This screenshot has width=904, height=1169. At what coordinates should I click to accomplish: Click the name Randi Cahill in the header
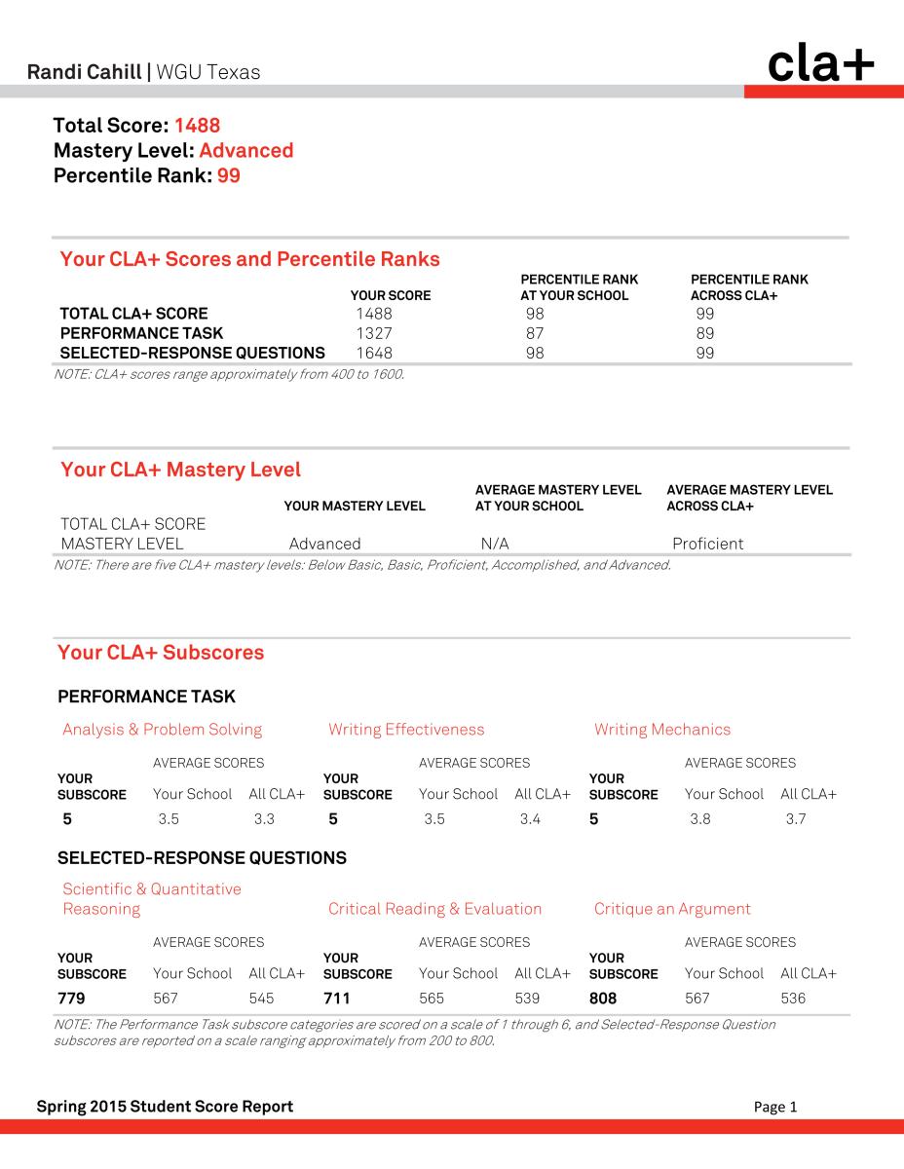pyautogui.click(x=83, y=72)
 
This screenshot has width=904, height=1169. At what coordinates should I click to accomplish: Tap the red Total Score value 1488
pyautogui.click(x=198, y=126)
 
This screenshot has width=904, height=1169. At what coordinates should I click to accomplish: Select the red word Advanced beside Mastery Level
pyautogui.click(x=245, y=151)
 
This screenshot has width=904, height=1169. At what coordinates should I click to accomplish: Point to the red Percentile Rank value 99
pyautogui.click(x=228, y=176)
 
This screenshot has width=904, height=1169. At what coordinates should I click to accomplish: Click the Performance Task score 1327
pyautogui.click(x=373, y=333)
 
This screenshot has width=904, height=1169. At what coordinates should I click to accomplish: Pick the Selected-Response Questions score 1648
pyautogui.click(x=374, y=353)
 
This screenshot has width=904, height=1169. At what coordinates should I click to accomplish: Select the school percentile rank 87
pyautogui.click(x=535, y=333)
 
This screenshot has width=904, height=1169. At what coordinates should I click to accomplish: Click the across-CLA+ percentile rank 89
pyautogui.click(x=705, y=333)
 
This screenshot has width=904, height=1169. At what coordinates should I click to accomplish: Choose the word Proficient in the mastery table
pyautogui.click(x=707, y=544)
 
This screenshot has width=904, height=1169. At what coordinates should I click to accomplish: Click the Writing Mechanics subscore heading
pyautogui.click(x=662, y=730)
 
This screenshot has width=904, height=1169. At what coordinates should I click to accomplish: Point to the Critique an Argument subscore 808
pyautogui.click(x=603, y=999)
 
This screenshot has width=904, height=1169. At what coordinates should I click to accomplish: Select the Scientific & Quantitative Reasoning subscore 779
pyautogui.click(x=72, y=999)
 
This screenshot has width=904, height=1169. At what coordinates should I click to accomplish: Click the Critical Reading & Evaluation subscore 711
pyautogui.click(x=336, y=999)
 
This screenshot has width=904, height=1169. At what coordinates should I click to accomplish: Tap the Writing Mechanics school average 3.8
pyautogui.click(x=699, y=819)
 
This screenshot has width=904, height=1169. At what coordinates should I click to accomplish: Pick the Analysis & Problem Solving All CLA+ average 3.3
pyautogui.click(x=264, y=819)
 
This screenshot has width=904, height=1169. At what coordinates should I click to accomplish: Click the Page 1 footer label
pyautogui.click(x=775, y=1107)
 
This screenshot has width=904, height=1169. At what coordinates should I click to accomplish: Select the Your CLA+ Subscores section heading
pyautogui.click(x=161, y=653)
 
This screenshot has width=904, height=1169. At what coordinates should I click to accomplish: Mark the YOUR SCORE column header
pyautogui.click(x=390, y=295)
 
